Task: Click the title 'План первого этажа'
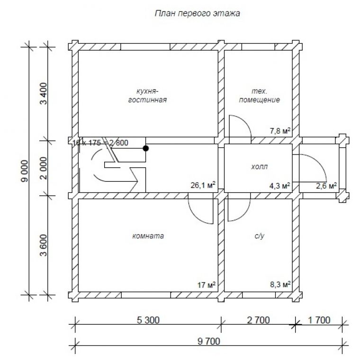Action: (x=197, y=13)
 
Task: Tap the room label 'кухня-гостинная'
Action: (x=147, y=95)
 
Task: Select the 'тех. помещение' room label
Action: (x=259, y=95)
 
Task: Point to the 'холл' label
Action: (x=259, y=167)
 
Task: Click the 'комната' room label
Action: (x=148, y=236)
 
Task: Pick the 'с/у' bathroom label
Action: (x=259, y=236)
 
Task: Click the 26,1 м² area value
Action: (x=203, y=185)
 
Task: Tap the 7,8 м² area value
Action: (x=280, y=131)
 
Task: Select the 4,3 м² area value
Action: (x=279, y=186)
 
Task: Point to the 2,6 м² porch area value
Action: (x=326, y=186)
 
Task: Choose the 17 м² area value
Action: (x=206, y=284)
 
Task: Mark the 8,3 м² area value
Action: (x=280, y=284)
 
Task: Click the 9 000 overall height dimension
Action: (x=25, y=171)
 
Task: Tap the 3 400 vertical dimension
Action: (x=44, y=93)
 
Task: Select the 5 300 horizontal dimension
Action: (x=148, y=320)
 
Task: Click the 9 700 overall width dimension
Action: (x=209, y=341)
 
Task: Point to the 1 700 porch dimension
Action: (x=319, y=320)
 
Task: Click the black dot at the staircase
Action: (x=146, y=148)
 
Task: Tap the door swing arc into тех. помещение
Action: (x=240, y=129)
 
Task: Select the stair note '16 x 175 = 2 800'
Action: (x=100, y=143)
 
